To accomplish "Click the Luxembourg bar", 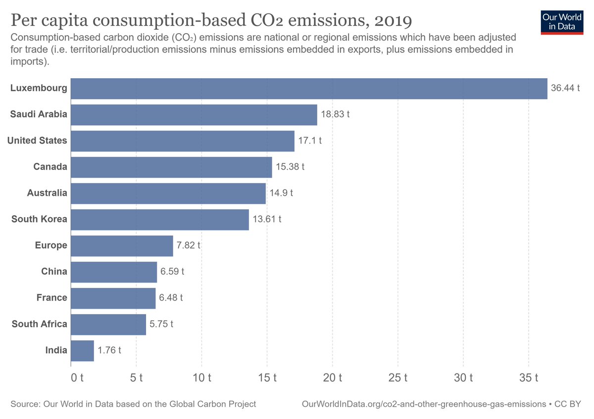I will (x=309, y=89).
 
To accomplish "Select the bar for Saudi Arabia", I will (x=194, y=115).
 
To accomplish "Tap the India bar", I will (x=82, y=350).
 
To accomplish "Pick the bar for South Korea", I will (x=160, y=219).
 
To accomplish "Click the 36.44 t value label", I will (x=565, y=89).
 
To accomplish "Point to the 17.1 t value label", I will (x=310, y=140).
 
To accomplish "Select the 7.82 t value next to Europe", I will (x=189, y=245).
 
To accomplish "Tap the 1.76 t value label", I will (x=109, y=350).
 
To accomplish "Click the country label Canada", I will (x=50, y=167).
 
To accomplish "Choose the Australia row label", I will (x=47, y=193).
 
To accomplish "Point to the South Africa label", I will (x=39, y=324).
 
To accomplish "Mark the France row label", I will (x=51, y=298).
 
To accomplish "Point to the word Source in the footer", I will (x=25, y=404).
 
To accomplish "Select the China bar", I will (x=114, y=272).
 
